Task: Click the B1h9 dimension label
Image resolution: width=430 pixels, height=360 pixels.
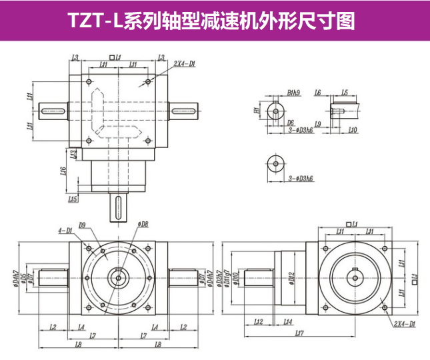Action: (294, 93)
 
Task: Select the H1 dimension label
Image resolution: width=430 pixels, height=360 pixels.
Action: (257, 110)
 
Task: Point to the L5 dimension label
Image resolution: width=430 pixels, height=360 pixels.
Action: (344, 93)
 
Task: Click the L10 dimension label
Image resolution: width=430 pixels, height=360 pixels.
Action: (353, 130)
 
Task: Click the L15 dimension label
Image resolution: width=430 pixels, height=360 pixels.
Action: (73, 199)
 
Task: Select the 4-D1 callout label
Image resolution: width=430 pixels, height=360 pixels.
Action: (65, 231)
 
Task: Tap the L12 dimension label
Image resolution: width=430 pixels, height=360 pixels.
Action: (259, 322)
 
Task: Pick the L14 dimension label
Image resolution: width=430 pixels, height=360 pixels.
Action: (287, 322)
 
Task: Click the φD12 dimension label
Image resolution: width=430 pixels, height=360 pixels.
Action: (291, 278)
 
